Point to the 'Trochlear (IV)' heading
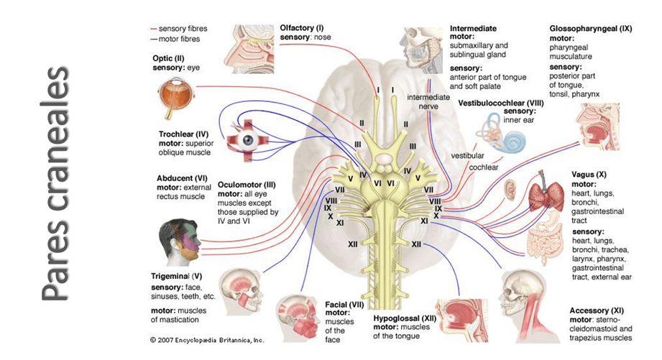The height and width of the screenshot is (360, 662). click(x=183, y=134)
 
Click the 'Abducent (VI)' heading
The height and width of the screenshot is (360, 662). click(x=183, y=178)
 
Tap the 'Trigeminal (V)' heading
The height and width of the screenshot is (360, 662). click(x=177, y=274)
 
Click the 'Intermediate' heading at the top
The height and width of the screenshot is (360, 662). click(x=472, y=28)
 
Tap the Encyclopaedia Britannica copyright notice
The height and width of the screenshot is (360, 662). click(x=207, y=338)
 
